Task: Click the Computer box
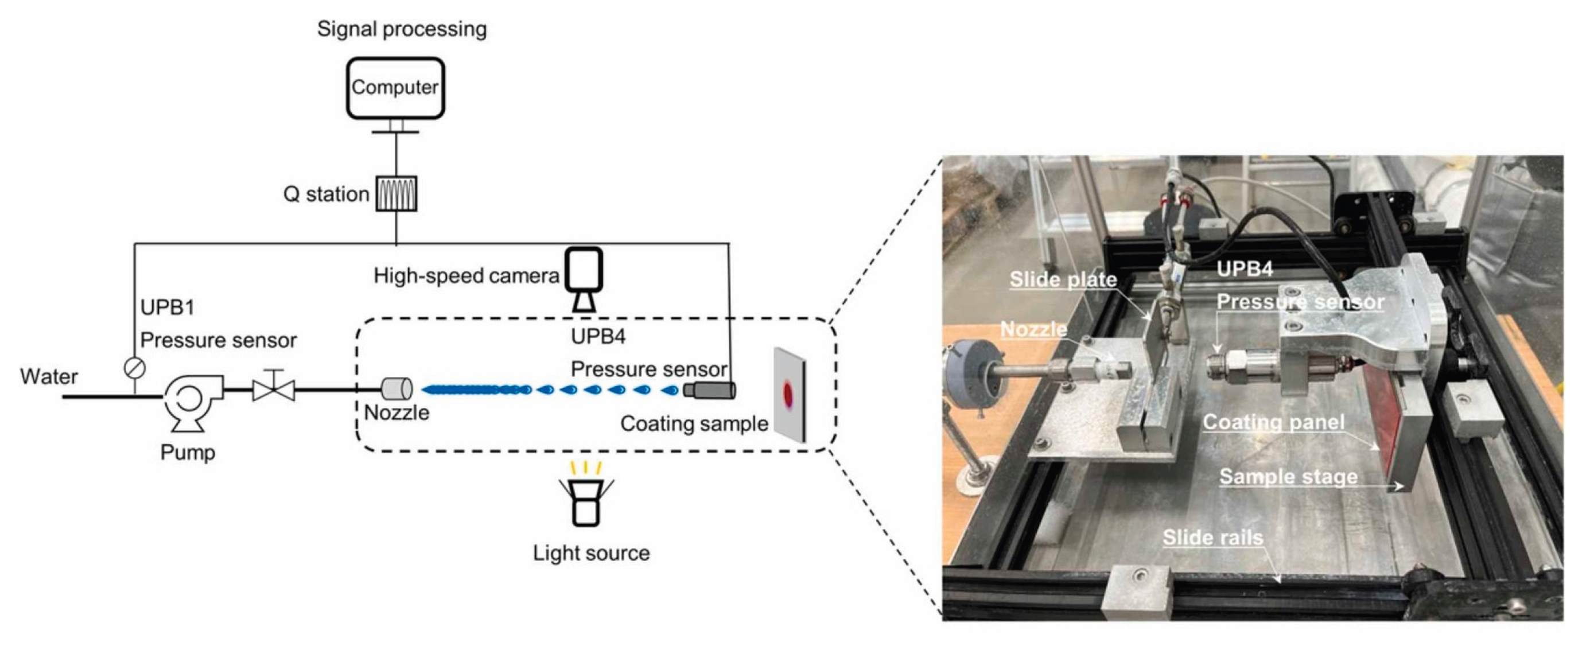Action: tap(395, 88)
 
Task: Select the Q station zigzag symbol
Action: tap(396, 194)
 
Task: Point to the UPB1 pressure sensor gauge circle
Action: tap(135, 368)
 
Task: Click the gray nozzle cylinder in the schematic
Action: tap(397, 389)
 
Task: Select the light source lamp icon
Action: tap(585, 503)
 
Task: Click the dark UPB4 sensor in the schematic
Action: tap(710, 390)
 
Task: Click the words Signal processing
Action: tap(402, 29)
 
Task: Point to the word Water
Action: tap(49, 376)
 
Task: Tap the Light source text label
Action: tap(592, 553)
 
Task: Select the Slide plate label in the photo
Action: tap(1063, 279)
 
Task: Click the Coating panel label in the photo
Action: tap(1273, 422)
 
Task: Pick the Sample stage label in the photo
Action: tap(1288, 476)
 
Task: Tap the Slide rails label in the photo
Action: tap(1213, 538)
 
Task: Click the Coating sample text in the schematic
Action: tap(694, 423)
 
